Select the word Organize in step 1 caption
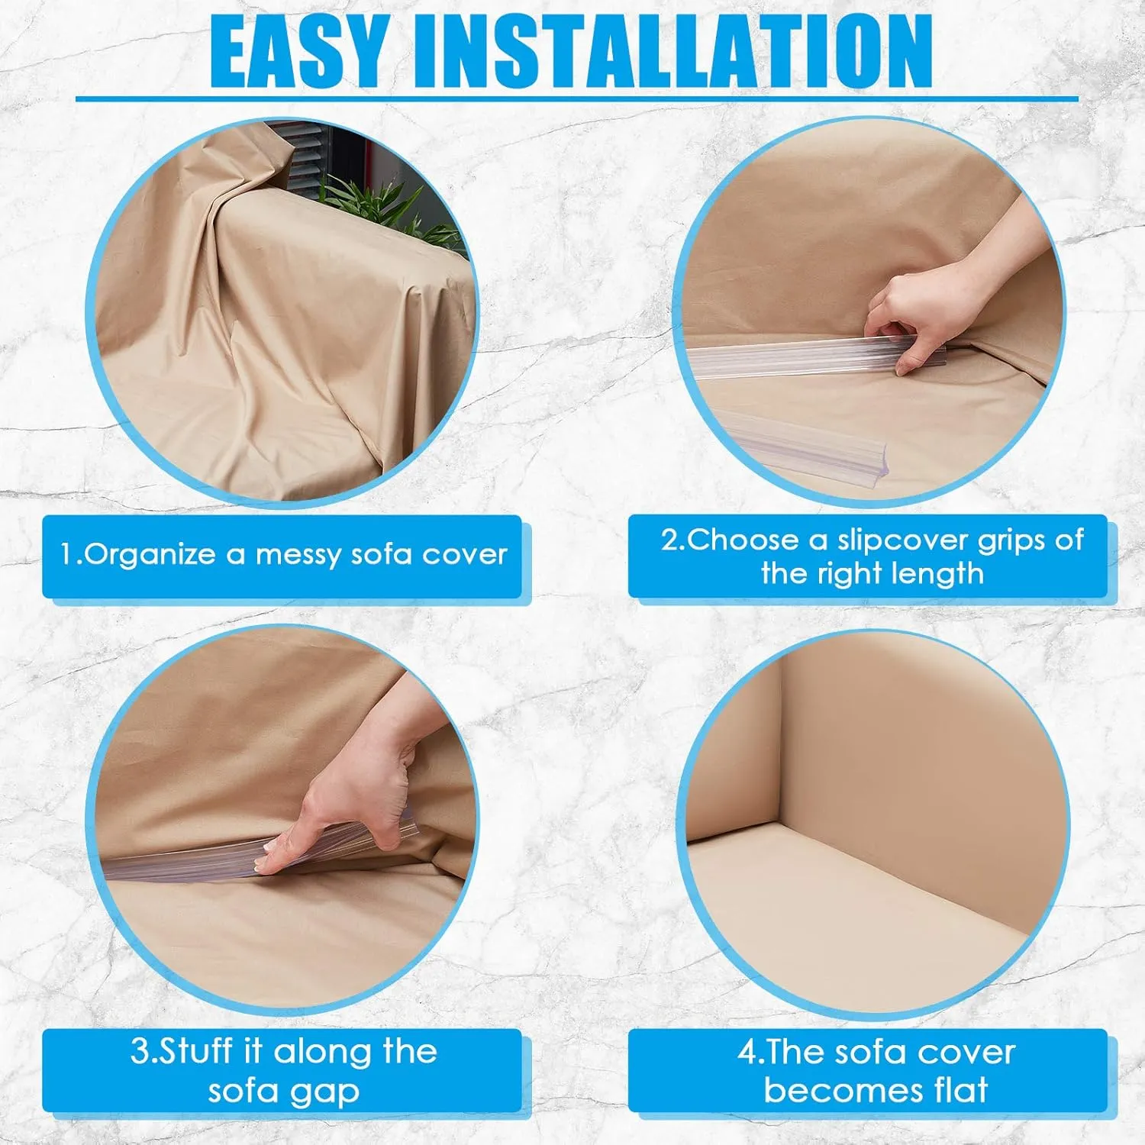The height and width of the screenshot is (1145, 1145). click(150, 555)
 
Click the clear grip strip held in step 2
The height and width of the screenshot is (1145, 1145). click(817, 359)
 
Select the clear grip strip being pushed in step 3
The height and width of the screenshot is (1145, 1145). click(252, 855)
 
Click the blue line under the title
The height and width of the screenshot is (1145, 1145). click(577, 98)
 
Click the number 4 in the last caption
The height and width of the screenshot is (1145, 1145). click(746, 1053)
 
